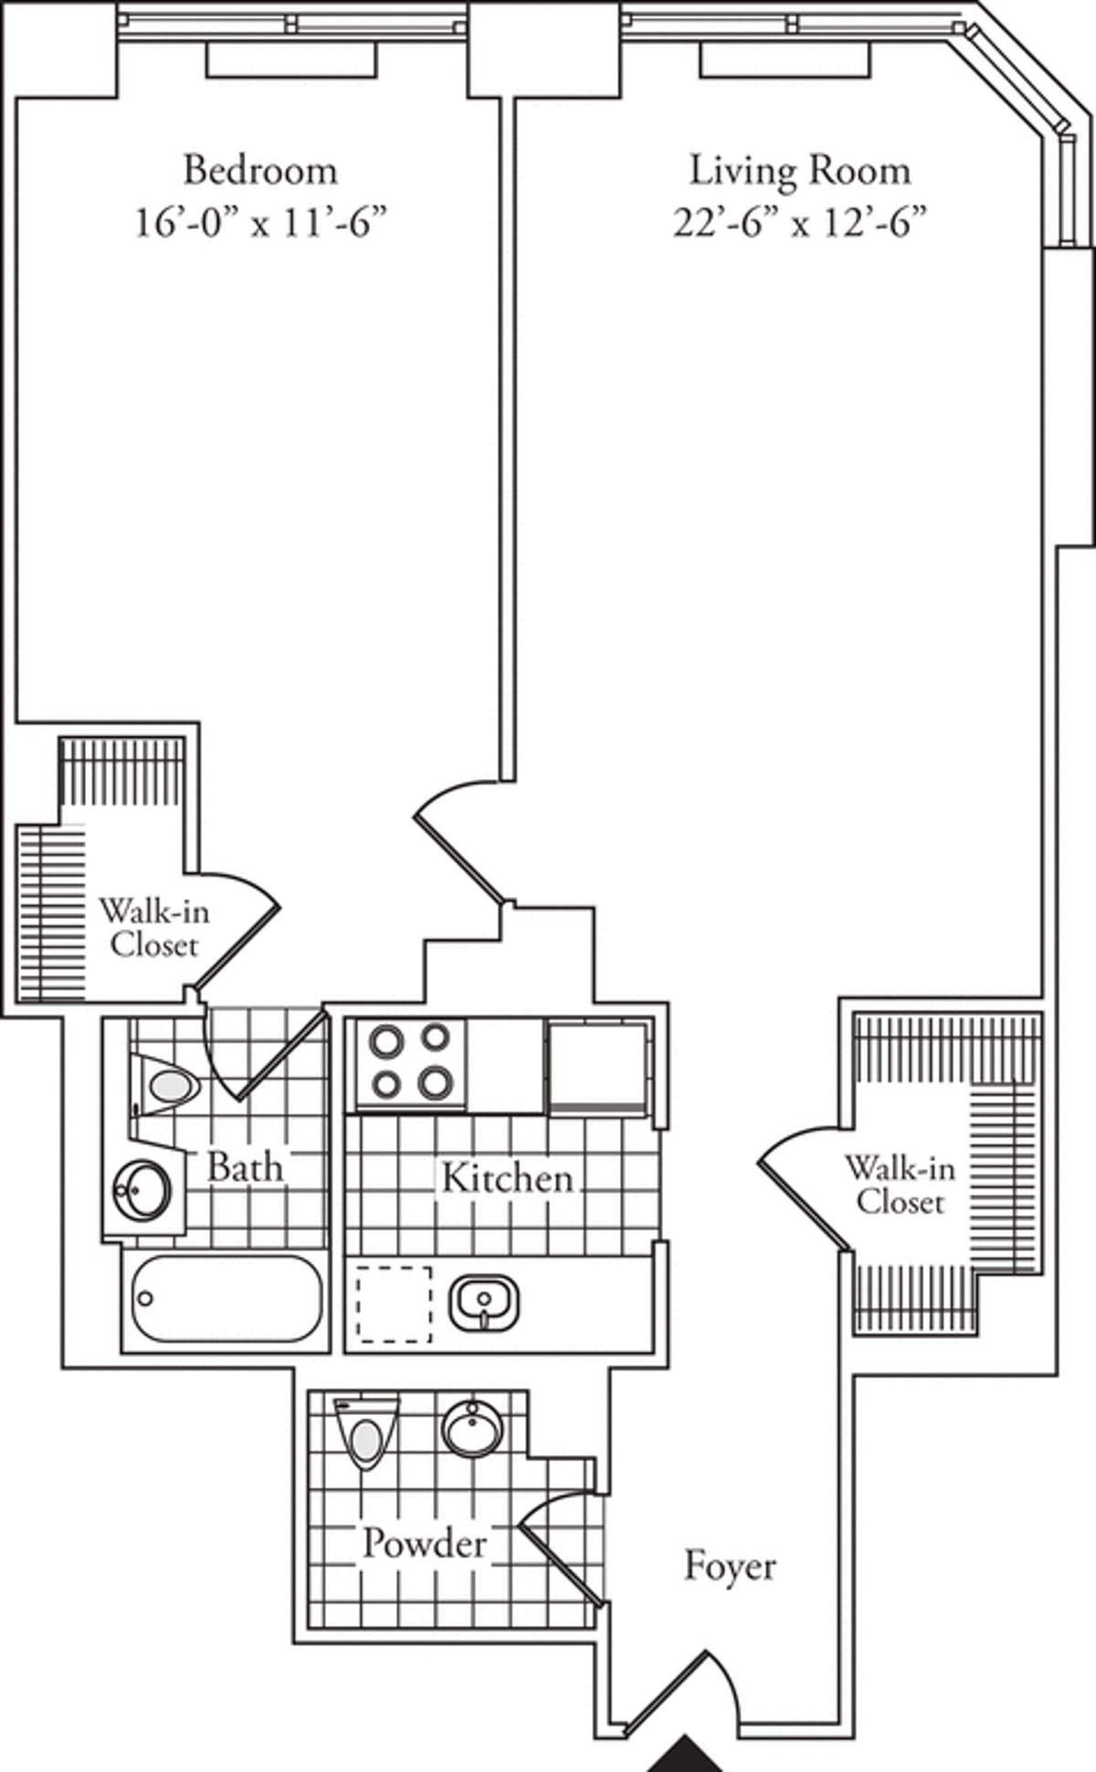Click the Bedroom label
tap(260, 170)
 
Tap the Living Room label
tap(799, 171)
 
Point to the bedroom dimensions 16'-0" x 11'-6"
tap(256, 222)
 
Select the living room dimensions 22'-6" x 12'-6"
tap(800, 222)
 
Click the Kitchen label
tap(507, 1177)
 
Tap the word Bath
tap(245, 1166)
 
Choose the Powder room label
tap(425, 1543)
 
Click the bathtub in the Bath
tap(227, 1299)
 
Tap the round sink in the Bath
tap(142, 1189)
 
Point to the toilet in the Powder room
tap(365, 1439)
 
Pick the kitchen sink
tap(484, 1302)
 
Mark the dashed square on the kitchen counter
tap(395, 1304)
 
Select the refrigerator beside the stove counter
tap(598, 1065)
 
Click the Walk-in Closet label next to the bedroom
tap(153, 927)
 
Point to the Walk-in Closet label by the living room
tap(900, 1185)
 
